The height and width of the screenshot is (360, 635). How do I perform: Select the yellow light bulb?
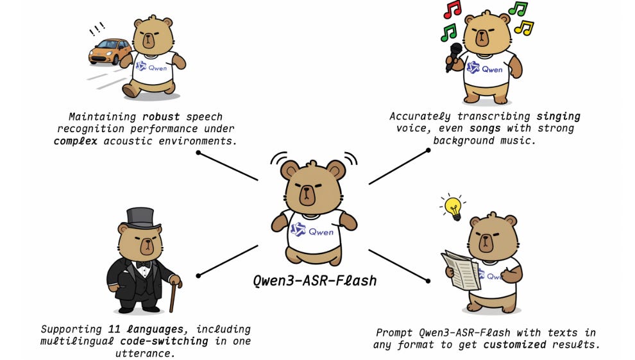coord(453,207)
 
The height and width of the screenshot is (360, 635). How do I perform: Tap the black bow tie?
coord(142,264)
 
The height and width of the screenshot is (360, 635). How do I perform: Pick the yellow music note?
coord(524,28)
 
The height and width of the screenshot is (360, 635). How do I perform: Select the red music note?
coord(452,9)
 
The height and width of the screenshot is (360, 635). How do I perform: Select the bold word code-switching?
coord(174,341)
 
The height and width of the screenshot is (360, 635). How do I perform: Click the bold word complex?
coord(75,140)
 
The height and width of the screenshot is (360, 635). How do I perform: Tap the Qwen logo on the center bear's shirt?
coord(298,230)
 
